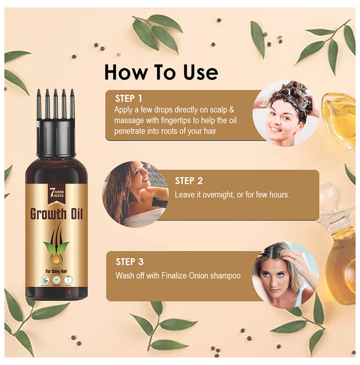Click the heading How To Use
pos(161,72)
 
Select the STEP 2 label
pos(188,181)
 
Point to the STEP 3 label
pos(130,262)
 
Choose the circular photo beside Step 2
pos(135,193)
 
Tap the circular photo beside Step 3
pos(285,276)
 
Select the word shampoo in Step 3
pos(225,275)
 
